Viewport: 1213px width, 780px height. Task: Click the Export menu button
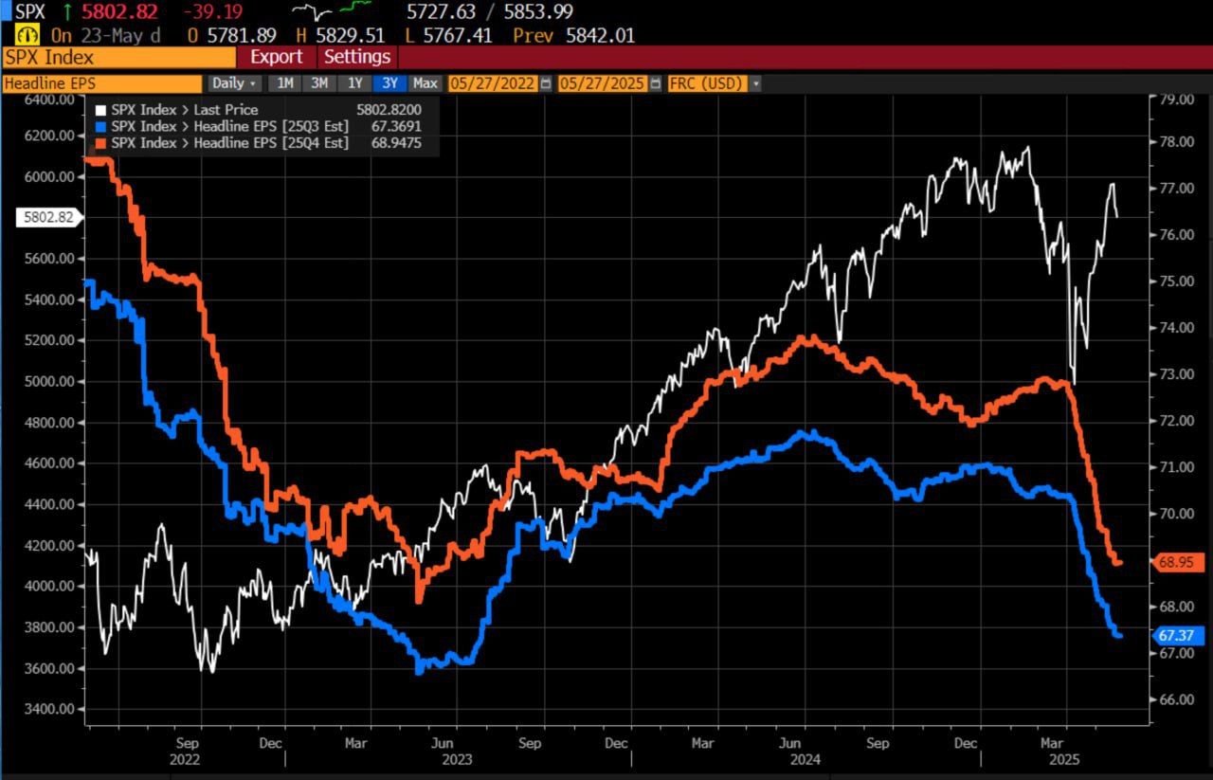(276, 57)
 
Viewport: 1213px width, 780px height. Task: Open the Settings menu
(357, 57)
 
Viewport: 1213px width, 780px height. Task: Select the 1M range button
(285, 83)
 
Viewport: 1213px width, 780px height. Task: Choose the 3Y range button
(389, 83)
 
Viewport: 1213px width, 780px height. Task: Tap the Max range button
(425, 83)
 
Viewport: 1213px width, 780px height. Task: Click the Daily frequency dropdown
(234, 83)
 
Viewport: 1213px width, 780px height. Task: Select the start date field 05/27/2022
(493, 83)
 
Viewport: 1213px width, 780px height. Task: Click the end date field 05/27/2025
(603, 83)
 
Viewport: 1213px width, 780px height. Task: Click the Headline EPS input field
(101, 83)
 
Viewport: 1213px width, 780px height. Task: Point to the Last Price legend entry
(184, 110)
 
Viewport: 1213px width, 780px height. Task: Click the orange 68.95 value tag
(1179, 562)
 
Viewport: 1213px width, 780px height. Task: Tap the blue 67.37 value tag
(1179, 635)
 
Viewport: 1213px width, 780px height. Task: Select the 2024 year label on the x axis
(806, 759)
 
